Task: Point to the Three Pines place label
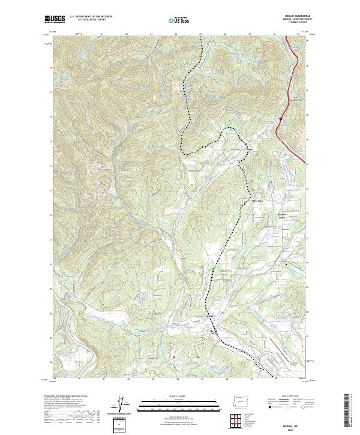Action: pyautogui.click(x=257, y=201)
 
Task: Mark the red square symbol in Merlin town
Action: pyautogui.click(x=211, y=330)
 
